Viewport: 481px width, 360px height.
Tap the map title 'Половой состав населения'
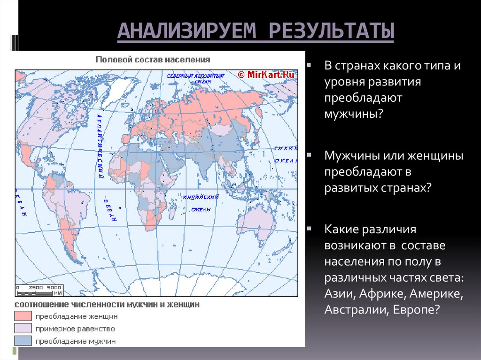(153, 60)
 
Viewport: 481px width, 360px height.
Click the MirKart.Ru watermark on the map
(266, 74)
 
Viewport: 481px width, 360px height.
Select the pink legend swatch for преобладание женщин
(23, 315)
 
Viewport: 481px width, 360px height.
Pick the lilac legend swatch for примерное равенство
(23, 328)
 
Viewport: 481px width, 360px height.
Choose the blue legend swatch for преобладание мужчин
(23, 341)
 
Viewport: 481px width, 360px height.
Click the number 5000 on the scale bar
(54, 287)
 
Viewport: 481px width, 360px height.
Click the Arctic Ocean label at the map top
(190, 78)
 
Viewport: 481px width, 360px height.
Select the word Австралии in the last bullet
(348, 309)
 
